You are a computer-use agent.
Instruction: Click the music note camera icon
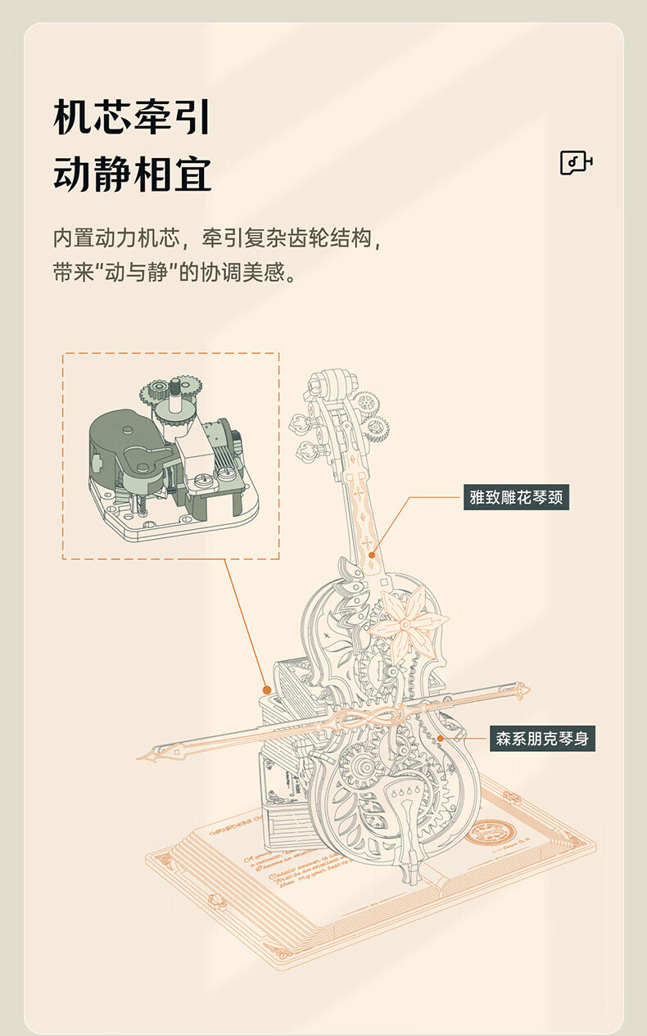coord(576,163)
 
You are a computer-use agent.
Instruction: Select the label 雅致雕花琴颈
coord(516,496)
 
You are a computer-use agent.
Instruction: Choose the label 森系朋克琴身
coord(541,738)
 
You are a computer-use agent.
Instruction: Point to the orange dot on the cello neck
coord(372,554)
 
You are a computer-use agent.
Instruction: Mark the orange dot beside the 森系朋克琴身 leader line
coord(440,738)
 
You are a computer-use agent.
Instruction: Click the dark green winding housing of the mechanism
coord(123,446)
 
